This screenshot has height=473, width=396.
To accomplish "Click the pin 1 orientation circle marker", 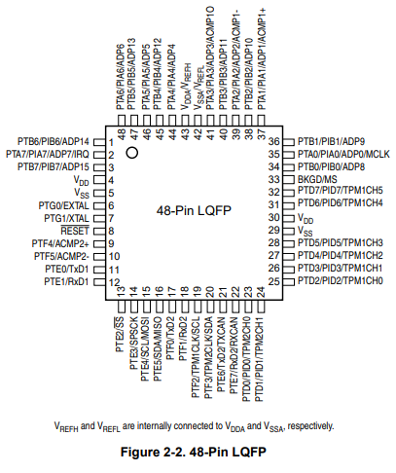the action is pyautogui.click(x=132, y=153).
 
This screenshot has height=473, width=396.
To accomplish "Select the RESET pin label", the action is pyautogui.click(x=75, y=231).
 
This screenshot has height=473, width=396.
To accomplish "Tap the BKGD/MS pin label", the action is pyautogui.click(x=317, y=179).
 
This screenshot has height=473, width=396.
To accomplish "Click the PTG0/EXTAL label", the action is pyautogui.click(x=63, y=205).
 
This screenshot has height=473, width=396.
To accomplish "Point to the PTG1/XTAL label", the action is pyautogui.click(x=66, y=218).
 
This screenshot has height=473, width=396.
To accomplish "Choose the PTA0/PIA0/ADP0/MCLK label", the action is pyautogui.click(x=343, y=154).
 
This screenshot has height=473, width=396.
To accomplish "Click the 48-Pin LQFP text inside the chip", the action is pyautogui.click(x=194, y=210).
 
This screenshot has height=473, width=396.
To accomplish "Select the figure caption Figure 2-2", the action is pyautogui.click(x=194, y=452).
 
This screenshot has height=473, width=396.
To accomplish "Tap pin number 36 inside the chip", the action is pyautogui.click(x=274, y=141).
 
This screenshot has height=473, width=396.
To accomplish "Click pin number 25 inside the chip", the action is pyautogui.click(x=274, y=281).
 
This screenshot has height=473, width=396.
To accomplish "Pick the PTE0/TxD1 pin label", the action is pyautogui.click(x=67, y=269).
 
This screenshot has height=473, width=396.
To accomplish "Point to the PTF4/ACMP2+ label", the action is pyautogui.click(x=60, y=243).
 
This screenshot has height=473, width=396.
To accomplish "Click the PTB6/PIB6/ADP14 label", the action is pyautogui.click(x=54, y=141).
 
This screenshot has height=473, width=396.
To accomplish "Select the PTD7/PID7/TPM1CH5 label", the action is pyautogui.click(x=341, y=191).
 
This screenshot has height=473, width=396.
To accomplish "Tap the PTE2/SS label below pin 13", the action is pyautogui.click(x=120, y=335).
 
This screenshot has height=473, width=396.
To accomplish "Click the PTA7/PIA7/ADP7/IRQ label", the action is pyautogui.click(x=48, y=154).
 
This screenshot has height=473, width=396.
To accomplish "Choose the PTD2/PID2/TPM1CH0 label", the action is pyautogui.click(x=341, y=280).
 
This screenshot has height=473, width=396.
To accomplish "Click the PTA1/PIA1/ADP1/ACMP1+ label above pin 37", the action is pyautogui.click(x=262, y=59).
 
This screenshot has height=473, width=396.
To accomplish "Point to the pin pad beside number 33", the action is pyautogui.click(x=289, y=179).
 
